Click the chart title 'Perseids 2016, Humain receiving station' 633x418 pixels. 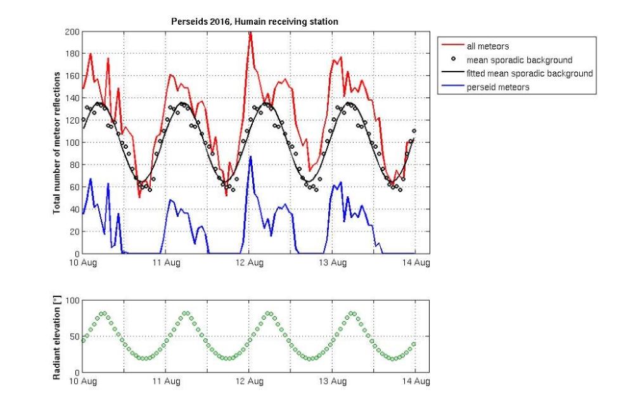point(255,22)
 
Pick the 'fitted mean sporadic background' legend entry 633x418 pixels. point(529,73)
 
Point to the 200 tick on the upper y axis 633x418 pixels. point(72,32)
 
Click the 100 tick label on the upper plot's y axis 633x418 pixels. point(72,142)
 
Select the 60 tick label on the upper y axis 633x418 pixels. point(74,187)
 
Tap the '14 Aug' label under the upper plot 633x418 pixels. point(416,263)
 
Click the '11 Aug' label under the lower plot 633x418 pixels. point(167,381)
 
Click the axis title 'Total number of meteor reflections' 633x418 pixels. point(56,142)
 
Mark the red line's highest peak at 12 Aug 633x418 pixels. point(250,32)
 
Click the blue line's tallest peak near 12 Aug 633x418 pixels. point(250,156)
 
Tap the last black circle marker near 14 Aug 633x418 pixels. point(415,131)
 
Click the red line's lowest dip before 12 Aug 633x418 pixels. point(226,195)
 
